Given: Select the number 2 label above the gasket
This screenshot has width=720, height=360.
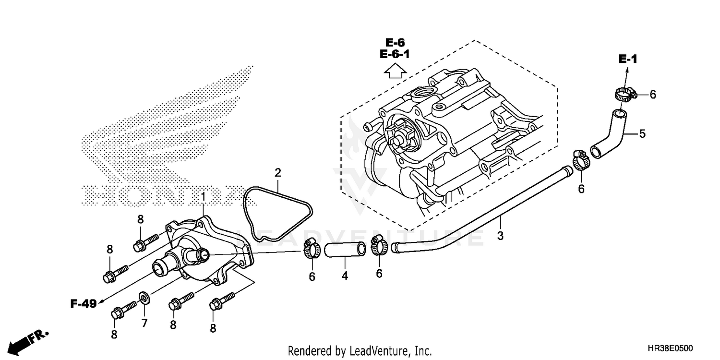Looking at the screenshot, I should pos(277,172).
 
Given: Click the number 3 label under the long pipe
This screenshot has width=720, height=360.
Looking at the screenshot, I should pos(500,236).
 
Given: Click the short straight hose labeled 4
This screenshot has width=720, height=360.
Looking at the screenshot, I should pos(345,250).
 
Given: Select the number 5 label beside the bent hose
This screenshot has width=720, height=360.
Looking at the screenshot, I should pos(642,134).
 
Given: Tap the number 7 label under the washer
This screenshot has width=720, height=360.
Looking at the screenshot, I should pos(144,323).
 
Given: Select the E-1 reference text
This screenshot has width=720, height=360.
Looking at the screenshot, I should pos(627,60).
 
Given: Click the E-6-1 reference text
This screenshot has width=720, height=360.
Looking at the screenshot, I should pos(395,54).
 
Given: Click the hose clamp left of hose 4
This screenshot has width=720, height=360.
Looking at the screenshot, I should pos(312,248).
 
